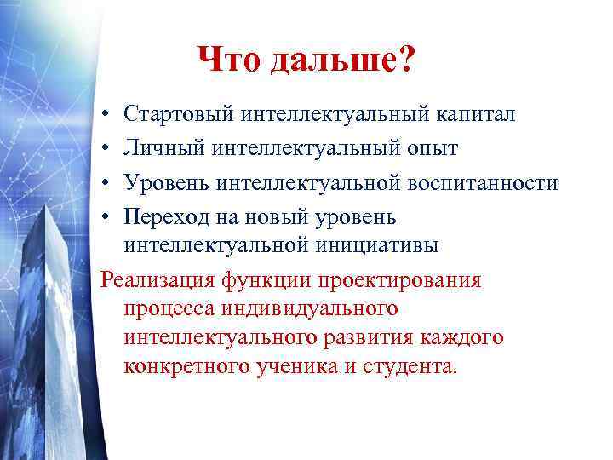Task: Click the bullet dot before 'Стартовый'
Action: [102, 114]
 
